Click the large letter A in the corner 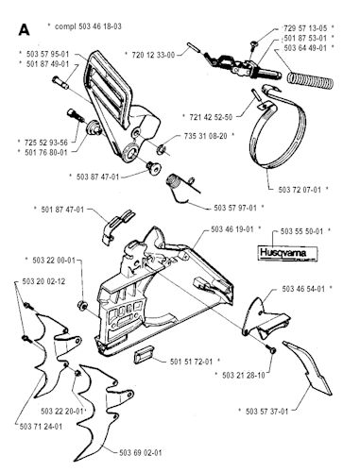click(x=24, y=30)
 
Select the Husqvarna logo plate click(x=287, y=253)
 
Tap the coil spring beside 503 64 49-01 click(x=311, y=79)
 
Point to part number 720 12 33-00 click(x=153, y=55)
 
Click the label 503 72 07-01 click(x=300, y=190)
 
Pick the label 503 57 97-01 click(x=235, y=208)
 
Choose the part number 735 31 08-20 click(x=205, y=136)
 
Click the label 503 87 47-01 click(x=98, y=177)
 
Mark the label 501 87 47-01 click(x=62, y=210)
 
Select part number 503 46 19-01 click(x=232, y=229)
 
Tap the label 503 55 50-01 click(x=301, y=231)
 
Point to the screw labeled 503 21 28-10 click(x=271, y=349)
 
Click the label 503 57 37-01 click(x=267, y=412)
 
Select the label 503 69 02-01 click(x=141, y=453)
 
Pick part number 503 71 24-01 click(x=41, y=427)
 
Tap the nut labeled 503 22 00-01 click(x=82, y=305)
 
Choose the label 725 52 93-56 click(x=46, y=143)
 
